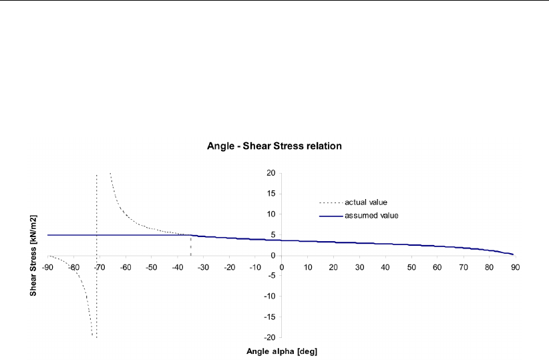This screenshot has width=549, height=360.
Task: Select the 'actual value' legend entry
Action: click(x=365, y=202)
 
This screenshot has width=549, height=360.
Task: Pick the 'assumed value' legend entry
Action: click(x=371, y=215)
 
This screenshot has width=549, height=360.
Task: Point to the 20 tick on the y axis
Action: click(x=270, y=173)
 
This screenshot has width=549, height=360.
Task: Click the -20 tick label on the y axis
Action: click(x=269, y=337)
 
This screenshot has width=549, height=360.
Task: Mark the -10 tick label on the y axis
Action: click(x=269, y=296)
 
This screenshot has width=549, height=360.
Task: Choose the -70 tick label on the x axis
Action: click(x=100, y=268)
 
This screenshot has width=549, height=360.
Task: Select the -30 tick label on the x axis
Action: click(x=203, y=268)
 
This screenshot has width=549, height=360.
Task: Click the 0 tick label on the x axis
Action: click(x=281, y=268)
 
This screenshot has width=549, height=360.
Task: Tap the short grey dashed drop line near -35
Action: click(x=191, y=246)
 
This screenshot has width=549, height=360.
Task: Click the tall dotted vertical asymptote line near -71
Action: click(x=97, y=200)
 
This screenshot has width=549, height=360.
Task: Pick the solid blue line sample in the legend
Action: click(x=330, y=215)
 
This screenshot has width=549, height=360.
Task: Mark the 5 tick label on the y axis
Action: click(x=272, y=234)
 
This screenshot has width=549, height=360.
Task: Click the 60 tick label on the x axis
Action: click(x=437, y=268)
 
